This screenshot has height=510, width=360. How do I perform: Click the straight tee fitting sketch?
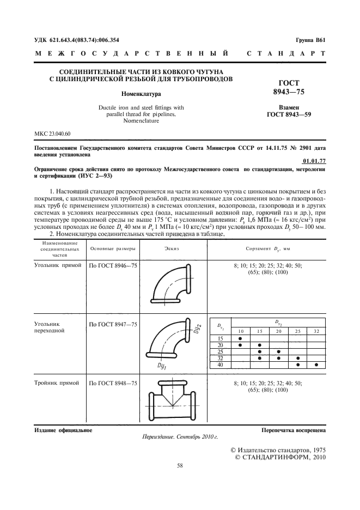coord(171,399)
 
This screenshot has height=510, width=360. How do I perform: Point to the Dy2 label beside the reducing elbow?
coord(198,329)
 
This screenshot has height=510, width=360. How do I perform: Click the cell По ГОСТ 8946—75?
coord(113,265)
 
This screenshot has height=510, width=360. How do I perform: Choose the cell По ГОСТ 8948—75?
coord(113,384)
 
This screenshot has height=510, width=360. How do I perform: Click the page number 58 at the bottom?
coord(180,465)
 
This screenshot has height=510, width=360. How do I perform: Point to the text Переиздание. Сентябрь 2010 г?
coord(180,436)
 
